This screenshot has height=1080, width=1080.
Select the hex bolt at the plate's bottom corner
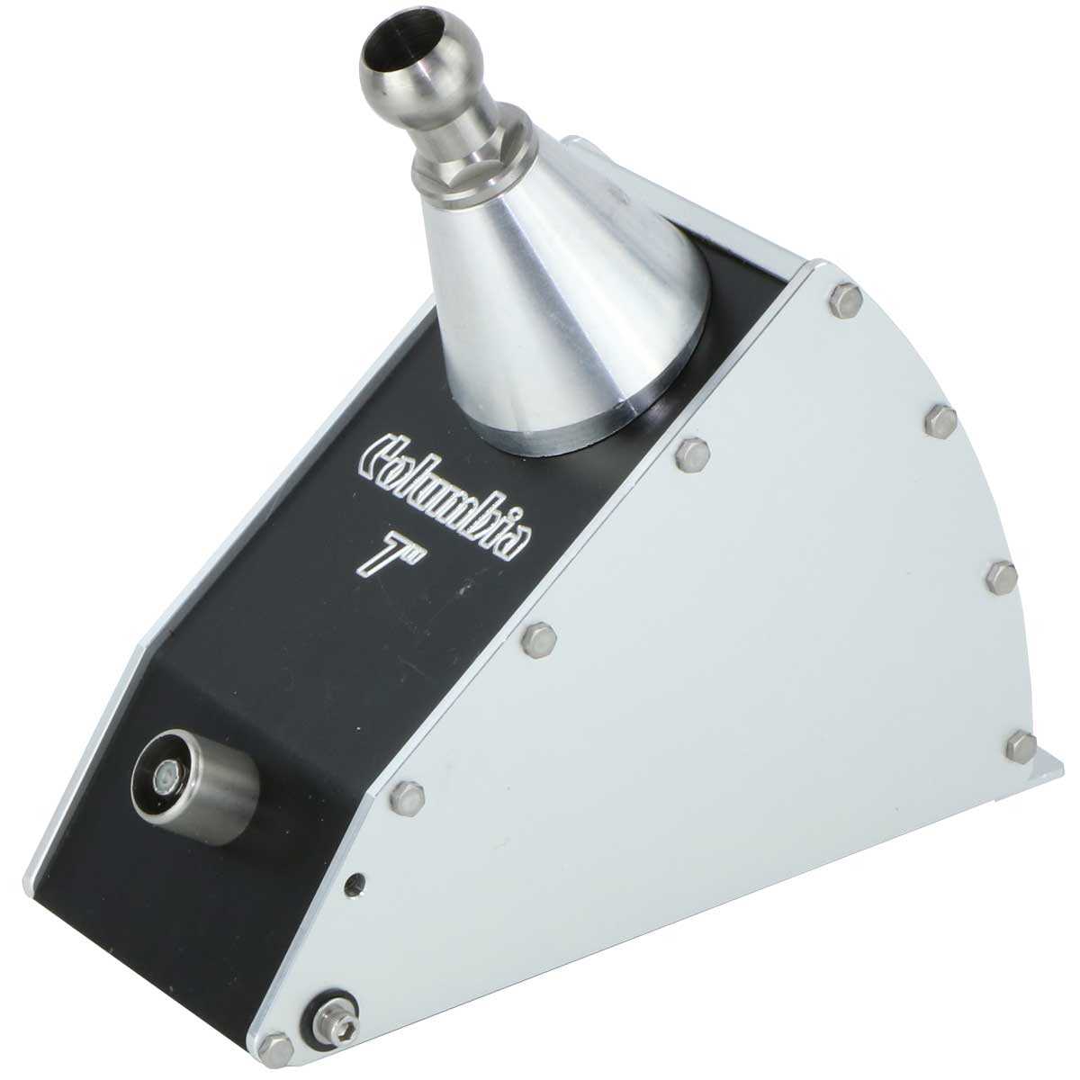pos(276,1046)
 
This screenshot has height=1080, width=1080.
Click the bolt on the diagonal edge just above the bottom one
pos(409,796)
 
